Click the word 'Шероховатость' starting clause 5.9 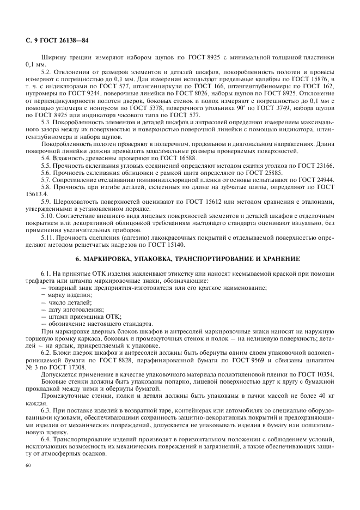(77, 202)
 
